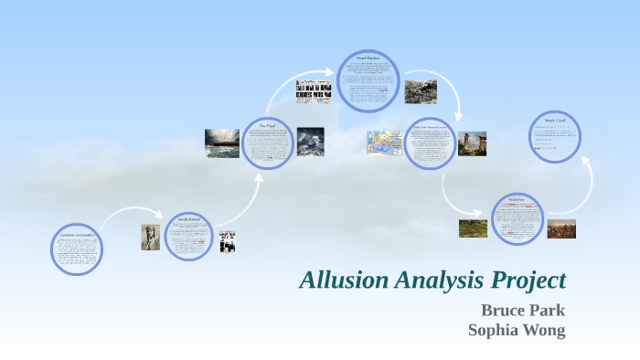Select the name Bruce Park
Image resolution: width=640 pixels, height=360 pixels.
click(x=523, y=310)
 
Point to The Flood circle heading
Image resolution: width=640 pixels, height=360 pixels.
click(x=267, y=126)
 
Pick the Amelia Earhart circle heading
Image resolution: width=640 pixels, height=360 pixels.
click(x=189, y=219)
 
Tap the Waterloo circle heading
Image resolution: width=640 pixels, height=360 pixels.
click(x=517, y=199)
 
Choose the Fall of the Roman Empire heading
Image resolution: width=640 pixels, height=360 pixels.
click(x=429, y=126)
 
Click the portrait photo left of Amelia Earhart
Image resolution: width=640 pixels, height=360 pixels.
click(x=150, y=238)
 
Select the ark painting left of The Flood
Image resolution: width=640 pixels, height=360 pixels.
click(x=222, y=143)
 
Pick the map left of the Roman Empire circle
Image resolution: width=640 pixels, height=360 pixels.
click(x=385, y=142)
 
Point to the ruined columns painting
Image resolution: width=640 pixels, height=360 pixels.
click(x=472, y=143)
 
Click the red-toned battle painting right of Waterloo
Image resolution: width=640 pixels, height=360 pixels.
click(x=560, y=228)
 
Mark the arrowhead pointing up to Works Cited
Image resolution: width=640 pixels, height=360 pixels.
click(x=586, y=162)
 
